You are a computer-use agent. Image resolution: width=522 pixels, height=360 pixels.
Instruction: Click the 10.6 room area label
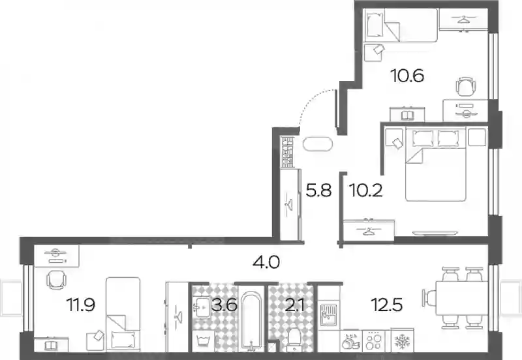[407, 76]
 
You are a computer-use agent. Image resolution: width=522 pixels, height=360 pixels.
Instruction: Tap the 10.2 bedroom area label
[366, 190]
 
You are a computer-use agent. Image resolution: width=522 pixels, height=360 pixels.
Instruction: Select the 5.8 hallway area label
[318, 190]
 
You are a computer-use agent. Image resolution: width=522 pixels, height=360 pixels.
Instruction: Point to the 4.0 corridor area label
[266, 263]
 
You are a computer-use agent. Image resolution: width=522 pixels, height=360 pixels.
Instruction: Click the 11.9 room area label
[81, 305]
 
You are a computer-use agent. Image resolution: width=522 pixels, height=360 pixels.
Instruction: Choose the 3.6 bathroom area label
[224, 305]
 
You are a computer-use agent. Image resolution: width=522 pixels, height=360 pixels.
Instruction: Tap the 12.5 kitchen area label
[387, 305]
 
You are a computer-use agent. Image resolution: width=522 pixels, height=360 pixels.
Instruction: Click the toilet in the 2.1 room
[294, 339]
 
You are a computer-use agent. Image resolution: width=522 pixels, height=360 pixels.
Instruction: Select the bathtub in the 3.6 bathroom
[251, 321]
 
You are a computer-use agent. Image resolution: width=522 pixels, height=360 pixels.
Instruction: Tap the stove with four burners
[373, 340]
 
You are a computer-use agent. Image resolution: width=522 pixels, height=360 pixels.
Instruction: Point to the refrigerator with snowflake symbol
[402, 340]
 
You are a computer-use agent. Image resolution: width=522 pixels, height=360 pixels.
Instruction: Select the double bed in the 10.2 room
[435, 164]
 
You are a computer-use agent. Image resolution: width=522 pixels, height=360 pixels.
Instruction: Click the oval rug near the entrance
[318, 144]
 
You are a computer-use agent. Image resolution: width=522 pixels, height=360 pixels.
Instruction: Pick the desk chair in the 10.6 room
[465, 87]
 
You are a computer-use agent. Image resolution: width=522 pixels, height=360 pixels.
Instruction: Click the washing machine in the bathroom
[203, 340]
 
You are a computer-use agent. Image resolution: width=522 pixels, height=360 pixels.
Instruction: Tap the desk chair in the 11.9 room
[56, 280]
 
